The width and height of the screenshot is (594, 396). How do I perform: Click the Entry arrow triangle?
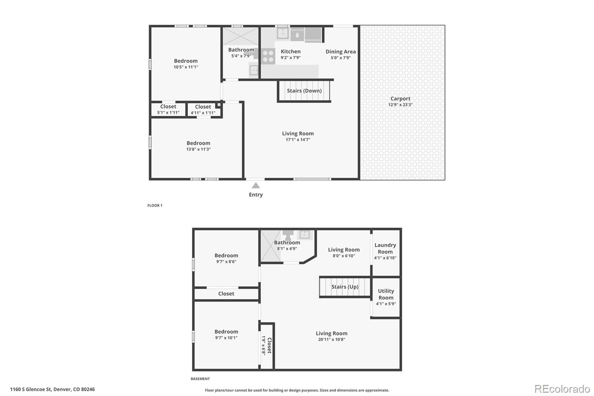(x=256, y=185)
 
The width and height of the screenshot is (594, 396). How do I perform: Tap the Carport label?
(x=400, y=98)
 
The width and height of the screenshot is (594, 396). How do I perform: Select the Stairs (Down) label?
(x=304, y=91)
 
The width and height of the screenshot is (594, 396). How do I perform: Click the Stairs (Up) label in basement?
(x=345, y=287)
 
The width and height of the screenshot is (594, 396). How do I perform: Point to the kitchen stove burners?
(x=268, y=56)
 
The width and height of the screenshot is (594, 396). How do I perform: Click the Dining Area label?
(x=341, y=52)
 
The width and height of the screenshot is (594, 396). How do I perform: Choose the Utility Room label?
(x=386, y=294)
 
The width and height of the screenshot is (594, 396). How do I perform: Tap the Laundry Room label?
(x=385, y=249)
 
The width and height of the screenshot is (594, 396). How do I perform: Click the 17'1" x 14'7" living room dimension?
(x=298, y=140)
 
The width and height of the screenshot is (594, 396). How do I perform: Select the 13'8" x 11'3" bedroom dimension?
(x=198, y=149)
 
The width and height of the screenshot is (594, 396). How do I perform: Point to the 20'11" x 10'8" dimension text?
(x=332, y=339)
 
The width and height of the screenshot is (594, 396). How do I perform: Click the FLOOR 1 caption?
(x=155, y=205)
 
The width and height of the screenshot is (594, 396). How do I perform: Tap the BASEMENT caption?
(x=200, y=379)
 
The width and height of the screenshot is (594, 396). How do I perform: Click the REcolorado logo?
(x=562, y=389)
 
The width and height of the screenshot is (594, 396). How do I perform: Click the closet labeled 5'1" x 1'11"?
(x=168, y=109)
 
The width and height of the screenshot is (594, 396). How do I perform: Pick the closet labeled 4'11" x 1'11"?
(x=203, y=110)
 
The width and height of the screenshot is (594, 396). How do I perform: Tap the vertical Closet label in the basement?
(x=270, y=345)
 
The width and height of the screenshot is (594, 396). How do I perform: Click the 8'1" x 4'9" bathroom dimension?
(x=287, y=249)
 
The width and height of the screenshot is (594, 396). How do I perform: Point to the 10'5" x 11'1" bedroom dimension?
(x=186, y=67)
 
